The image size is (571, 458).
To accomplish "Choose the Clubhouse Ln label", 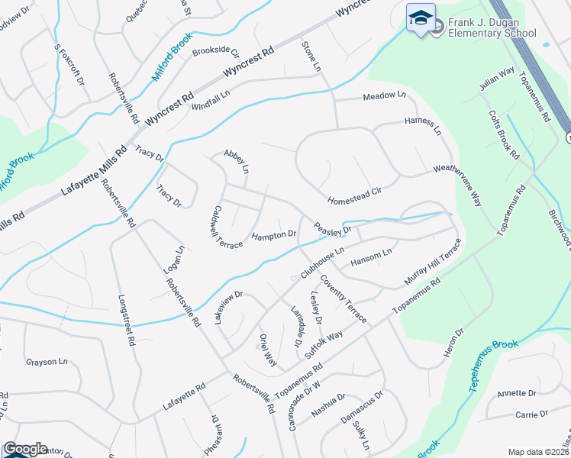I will point(324,261).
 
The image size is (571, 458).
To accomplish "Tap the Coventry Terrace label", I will point(343,298).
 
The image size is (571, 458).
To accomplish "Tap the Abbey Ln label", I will point(237,160).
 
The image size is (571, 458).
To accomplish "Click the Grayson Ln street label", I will point(47,362).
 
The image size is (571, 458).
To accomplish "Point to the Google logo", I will point(24,449).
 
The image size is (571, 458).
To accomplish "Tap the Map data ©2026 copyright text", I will point(537,452).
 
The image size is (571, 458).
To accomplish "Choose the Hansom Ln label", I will point(371,257).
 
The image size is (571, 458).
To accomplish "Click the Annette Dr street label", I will point(517,393).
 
